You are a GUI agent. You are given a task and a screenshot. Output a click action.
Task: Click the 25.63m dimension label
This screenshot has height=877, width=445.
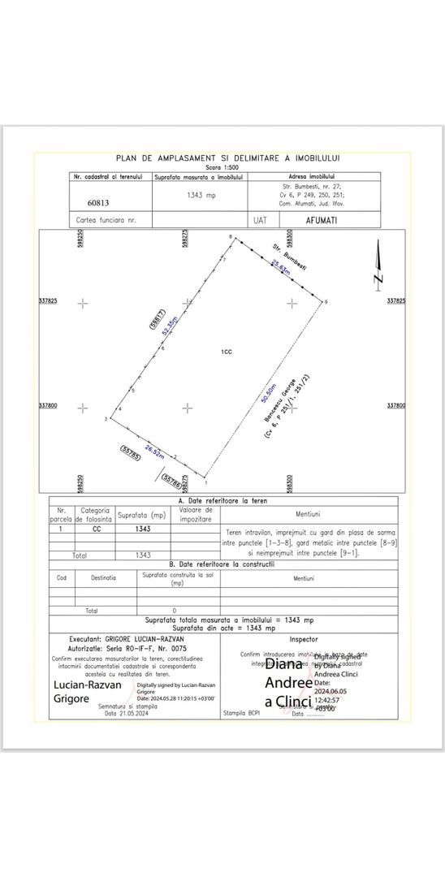(x=280, y=266)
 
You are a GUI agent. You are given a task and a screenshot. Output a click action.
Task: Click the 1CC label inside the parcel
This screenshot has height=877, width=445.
(x=227, y=352)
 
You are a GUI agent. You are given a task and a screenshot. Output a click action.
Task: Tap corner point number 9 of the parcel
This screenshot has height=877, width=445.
(x=326, y=302)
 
